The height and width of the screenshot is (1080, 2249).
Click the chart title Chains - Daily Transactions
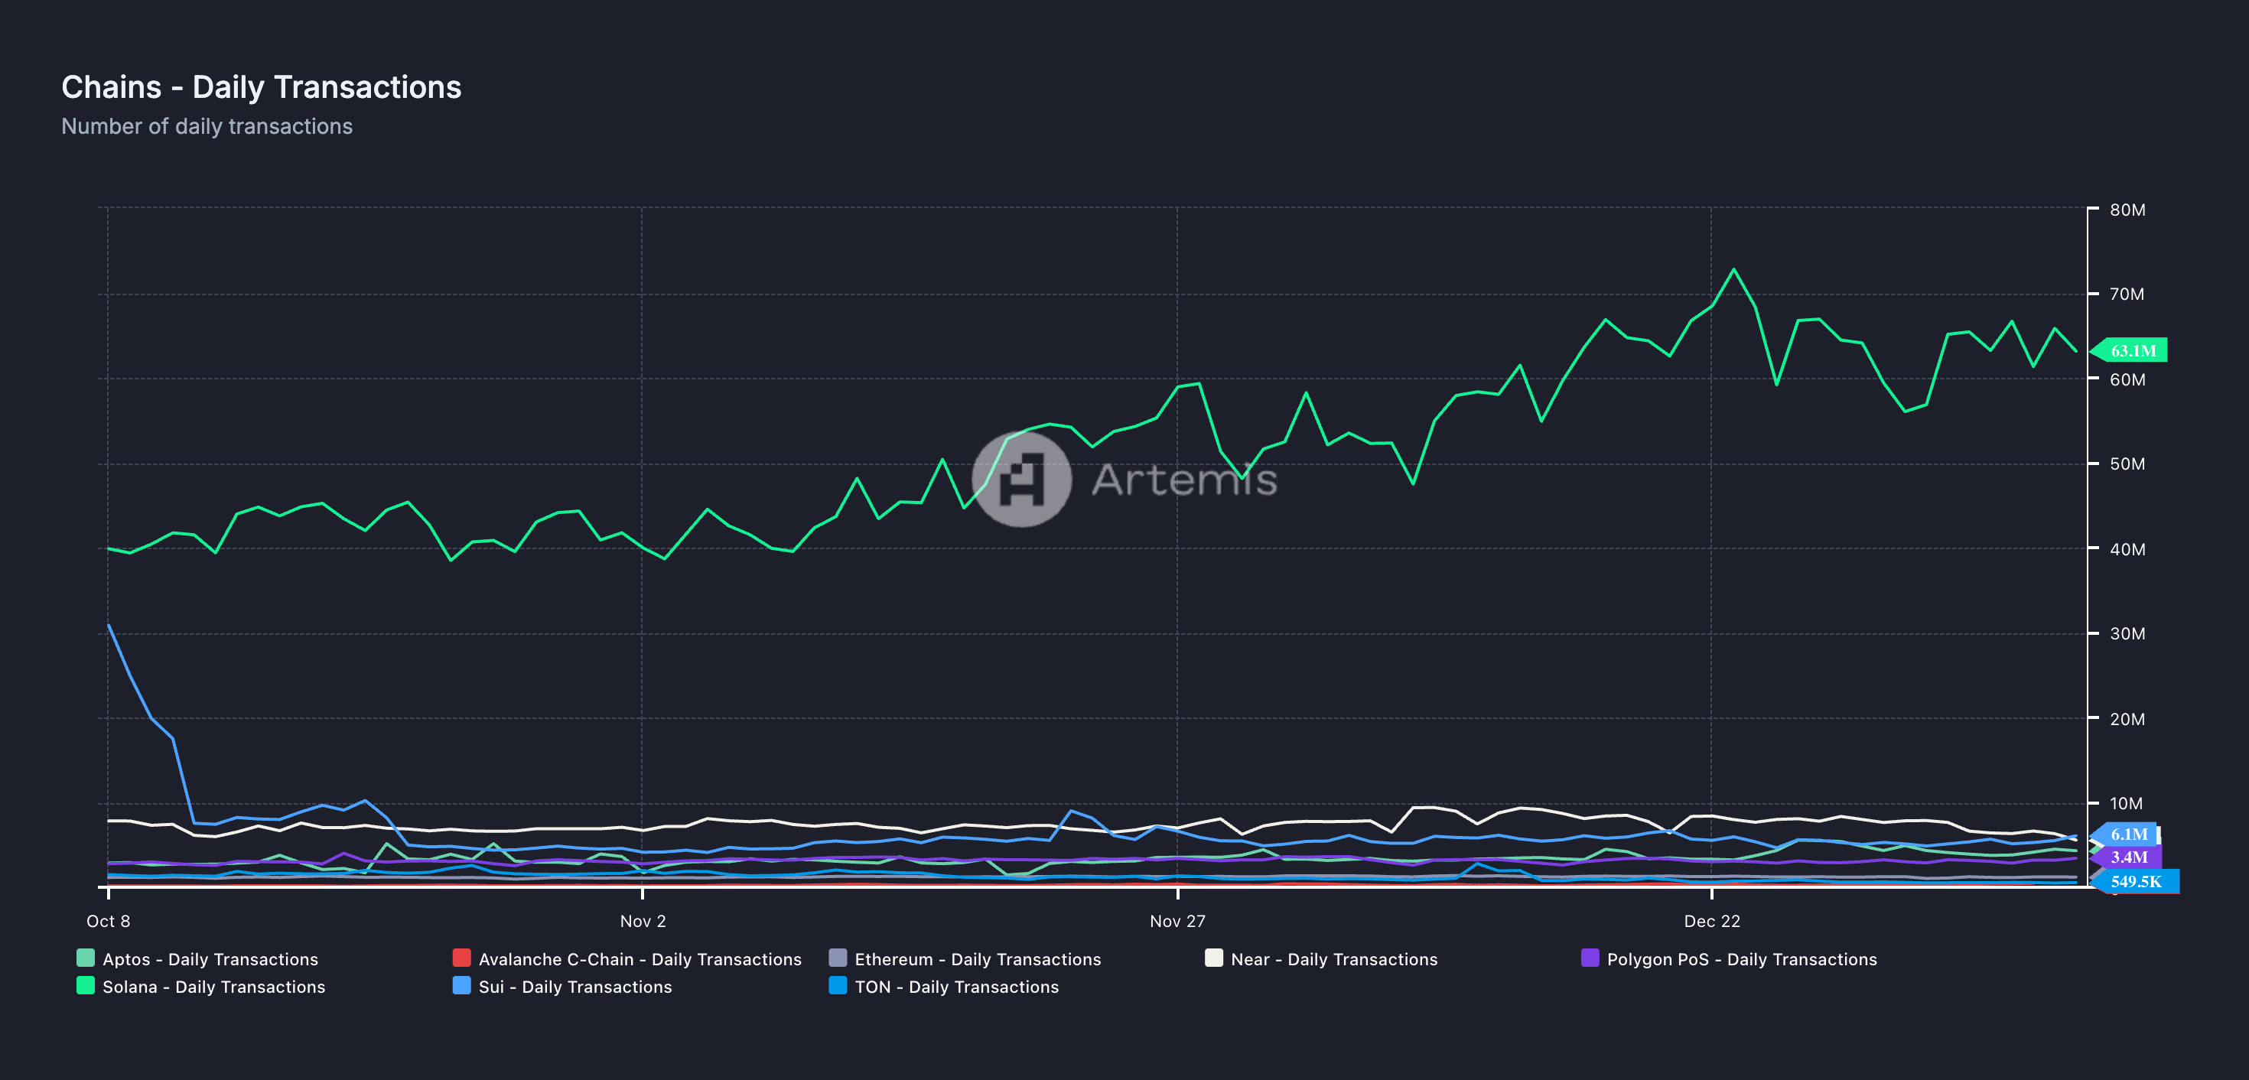pyautogui.click(x=261, y=87)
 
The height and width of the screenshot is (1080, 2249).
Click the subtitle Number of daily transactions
pyautogui.click(x=207, y=127)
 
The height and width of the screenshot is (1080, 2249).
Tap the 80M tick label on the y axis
pyautogui.click(x=2127, y=210)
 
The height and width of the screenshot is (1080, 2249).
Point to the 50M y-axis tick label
pyautogui.click(x=2127, y=464)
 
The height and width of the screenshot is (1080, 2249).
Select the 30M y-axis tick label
pyautogui.click(x=2127, y=634)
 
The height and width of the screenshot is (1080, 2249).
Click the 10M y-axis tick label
pyautogui.click(x=2126, y=803)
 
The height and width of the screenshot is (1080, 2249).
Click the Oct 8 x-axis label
pyautogui.click(x=109, y=921)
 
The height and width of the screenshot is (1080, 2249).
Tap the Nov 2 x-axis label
pyautogui.click(x=643, y=921)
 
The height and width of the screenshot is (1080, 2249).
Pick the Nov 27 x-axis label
pyautogui.click(x=1177, y=921)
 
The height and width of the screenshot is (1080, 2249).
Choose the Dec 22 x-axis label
pyautogui.click(x=1711, y=921)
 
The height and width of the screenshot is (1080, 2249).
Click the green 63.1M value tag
pyautogui.click(x=2132, y=351)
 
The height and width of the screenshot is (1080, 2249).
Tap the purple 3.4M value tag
pyautogui.click(x=2128, y=857)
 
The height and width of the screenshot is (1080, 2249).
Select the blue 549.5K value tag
pyautogui.click(x=2136, y=882)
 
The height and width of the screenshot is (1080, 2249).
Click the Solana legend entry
pyautogui.click(x=213, y=987)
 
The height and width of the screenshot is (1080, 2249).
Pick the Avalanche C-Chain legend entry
pyautogui.click(x=639, y=959)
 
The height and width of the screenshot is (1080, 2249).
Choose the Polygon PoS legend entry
pyautogui.click(x=1741, y=959)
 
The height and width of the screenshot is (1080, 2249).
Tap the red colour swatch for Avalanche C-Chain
pyautogui.click(x=462, y=958)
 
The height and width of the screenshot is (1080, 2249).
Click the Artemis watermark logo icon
pyautogui.click(x=1021, y=479)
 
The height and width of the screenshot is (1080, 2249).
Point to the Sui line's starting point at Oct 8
pyautogui.click(x=109, y=625)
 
